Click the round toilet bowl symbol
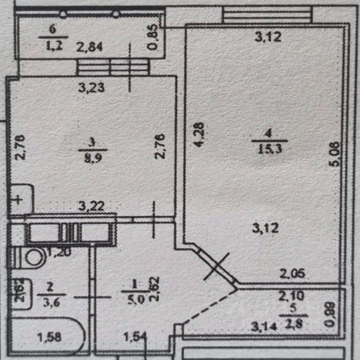tap(35, 257)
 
